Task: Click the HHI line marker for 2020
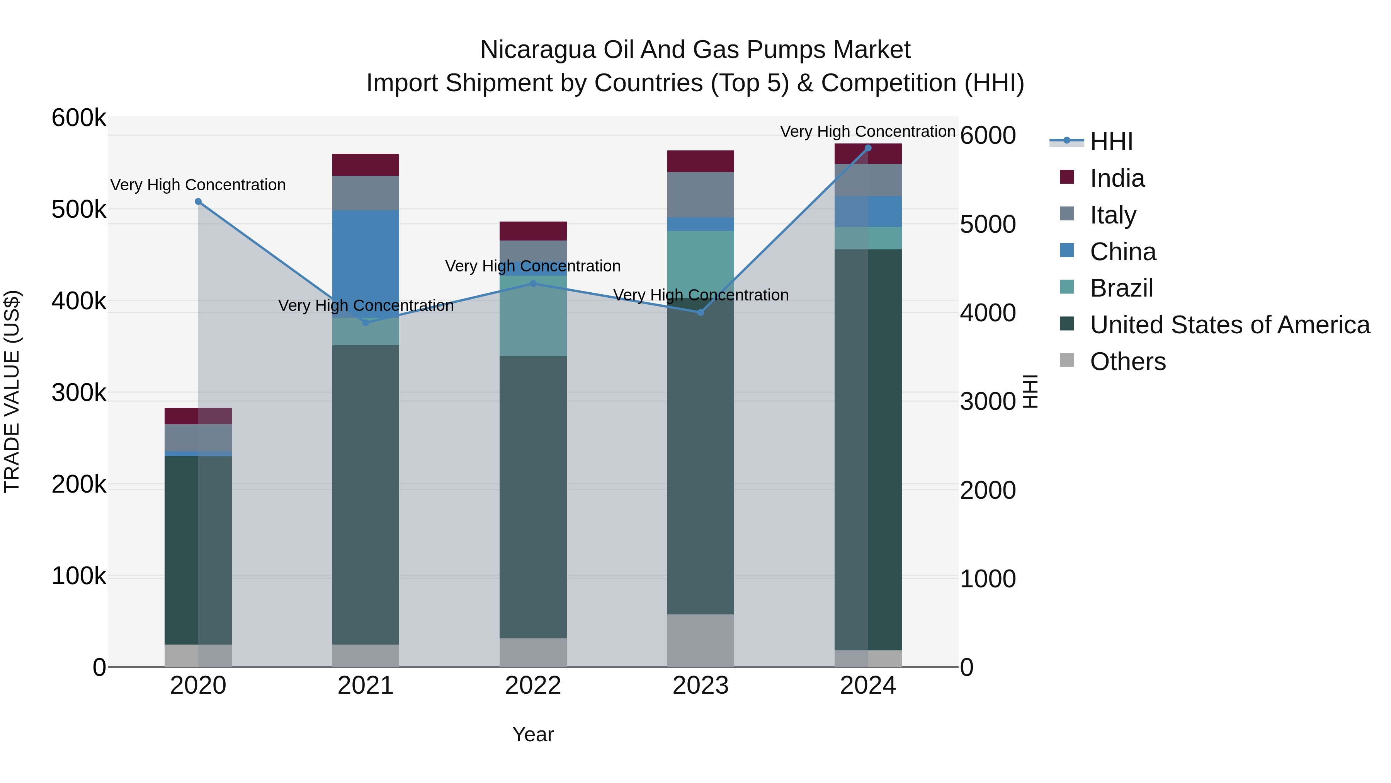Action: pyautogui.click(x=198, y=201)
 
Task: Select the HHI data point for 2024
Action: pyautogui.click(x=868, y=148)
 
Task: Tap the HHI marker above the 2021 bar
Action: pyautogui.click(x=366, y=322)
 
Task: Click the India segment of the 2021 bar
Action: pyautogui.click(x=366, y=165)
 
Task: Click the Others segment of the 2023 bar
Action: pyautogui.click(x=701, y=640)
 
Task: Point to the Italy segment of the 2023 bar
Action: pyautogui.click(x=701, y=194)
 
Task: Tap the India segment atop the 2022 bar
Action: pyautogui.click(x=533, y=231)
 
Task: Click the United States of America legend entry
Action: pyautogui.click(x=1229, y=325)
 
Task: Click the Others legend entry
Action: pyautogui.click(x=1127, y=362)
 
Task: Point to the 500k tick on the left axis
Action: pyautogui.click(x=79, y=210)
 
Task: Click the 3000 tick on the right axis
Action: pyautogui.click(x=988, y=401)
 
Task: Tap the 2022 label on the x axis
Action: pyautogui.click(x=533, y=686)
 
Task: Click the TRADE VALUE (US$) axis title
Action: pyautogui.click(x=12, y=391)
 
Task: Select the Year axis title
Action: pyautogui.click(x=533, y=734)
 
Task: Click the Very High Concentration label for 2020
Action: pyautogui.click(x=198, y=185)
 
